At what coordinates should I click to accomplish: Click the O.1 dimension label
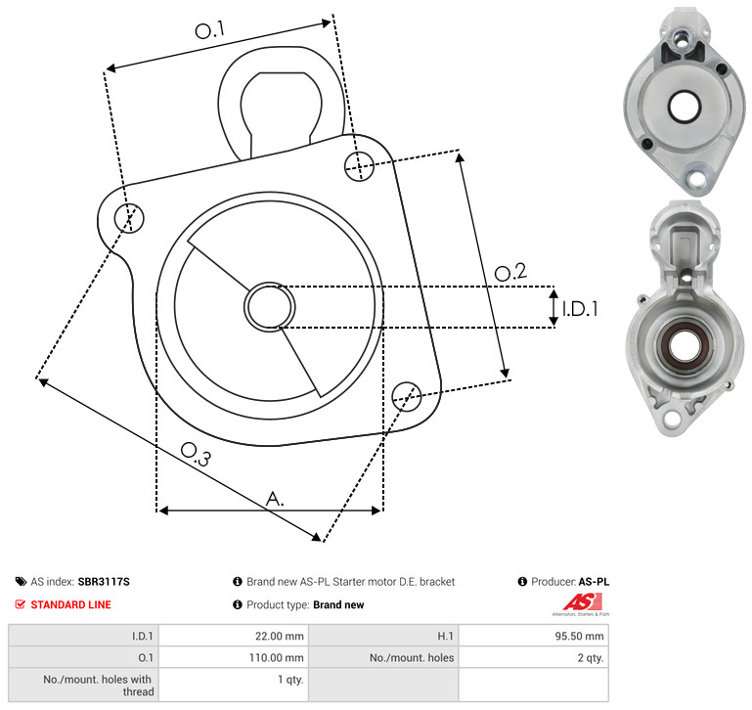coord(209,29)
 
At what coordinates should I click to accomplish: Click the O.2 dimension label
coord(510,272)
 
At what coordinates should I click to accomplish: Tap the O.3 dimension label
coord(196,454)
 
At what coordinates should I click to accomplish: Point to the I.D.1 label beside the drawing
coord(580,309)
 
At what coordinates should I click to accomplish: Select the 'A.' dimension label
coord(275,499)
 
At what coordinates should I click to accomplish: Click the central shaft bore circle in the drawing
coord(270,306)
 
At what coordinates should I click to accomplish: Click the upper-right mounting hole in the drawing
coord(359,166)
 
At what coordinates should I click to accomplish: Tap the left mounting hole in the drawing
coord(129,217)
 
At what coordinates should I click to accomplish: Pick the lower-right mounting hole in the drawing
coord(407,396)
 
